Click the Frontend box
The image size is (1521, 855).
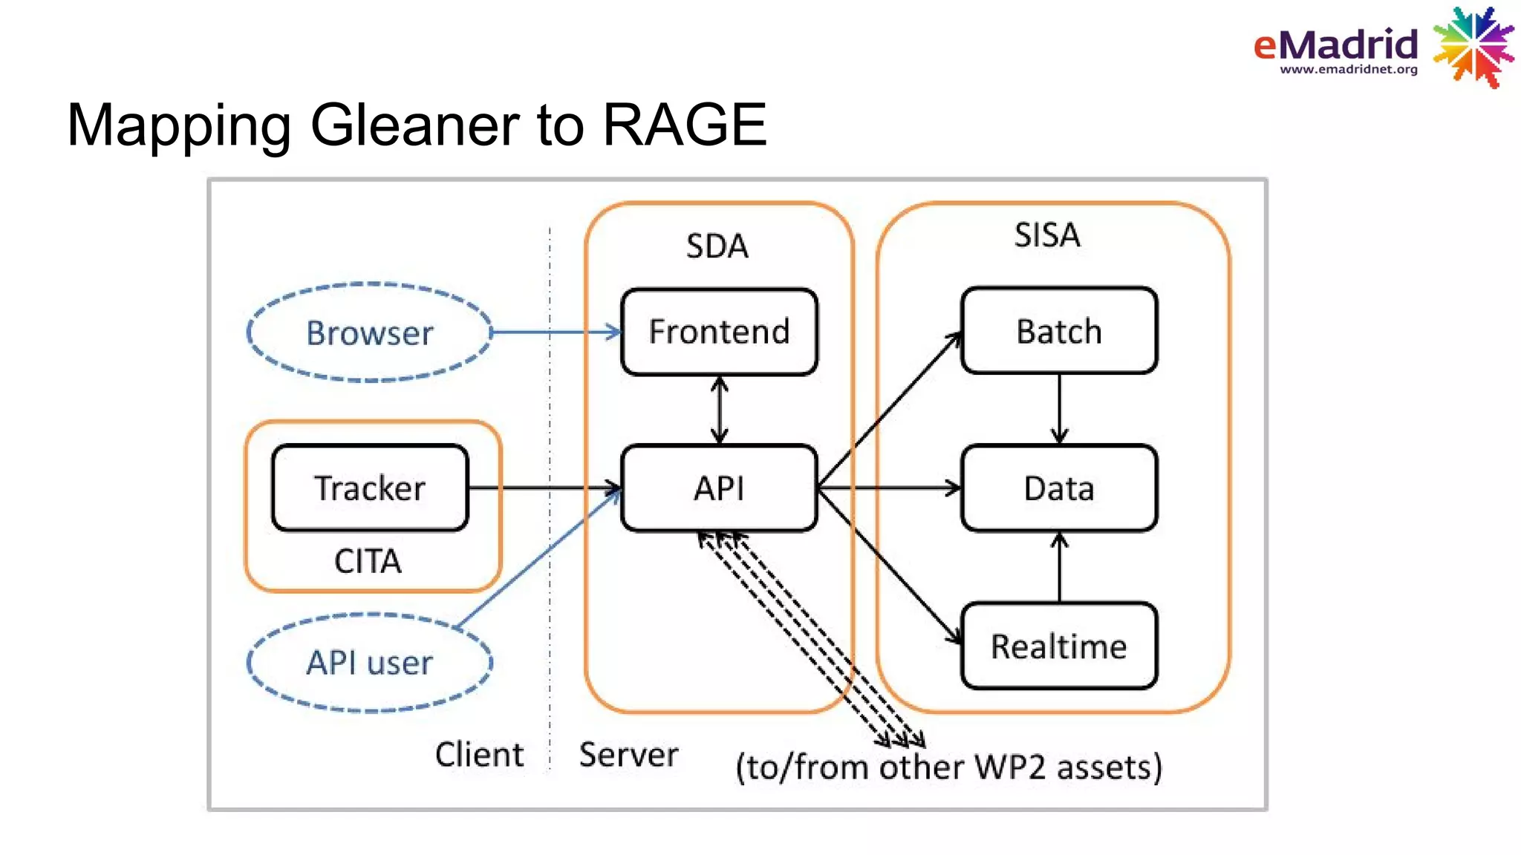pyautogui.click(x=719, y=332)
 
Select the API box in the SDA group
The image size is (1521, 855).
pyautogui.click(x=719, y=488)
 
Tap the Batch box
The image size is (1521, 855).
pyautogui.click(x=1059, y=331)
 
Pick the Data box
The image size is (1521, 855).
pyautogui.click(x=1059, y=488)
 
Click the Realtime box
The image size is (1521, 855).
pyautogui.click(x=1059, y=646)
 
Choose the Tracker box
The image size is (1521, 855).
pyautogui.click(x=370, y=488)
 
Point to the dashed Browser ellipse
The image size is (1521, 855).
pyautogui.click(x=370, y=332)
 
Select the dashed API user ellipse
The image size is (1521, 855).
pyautogui.click(x=370, y=662)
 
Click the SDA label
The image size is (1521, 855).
pyautogui.click(x=717, y=246)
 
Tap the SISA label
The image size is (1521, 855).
pyautogui.click(x=1047, y=235)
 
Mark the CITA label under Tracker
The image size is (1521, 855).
pyautogui.click(x=368, y=561)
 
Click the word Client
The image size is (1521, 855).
pyautogui.click(x=479, y=755)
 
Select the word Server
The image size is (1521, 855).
pyautogui.click(x=628, y=755)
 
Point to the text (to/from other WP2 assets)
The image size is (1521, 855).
pyautogui.click(x=948, y=767)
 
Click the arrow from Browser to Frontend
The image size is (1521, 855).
pyautogui.click(x=557, y=332)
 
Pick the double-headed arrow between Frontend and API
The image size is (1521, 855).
pyautogui.click(x=719, y=410)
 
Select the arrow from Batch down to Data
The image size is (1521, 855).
pyautogui.click(x=1059, y=408)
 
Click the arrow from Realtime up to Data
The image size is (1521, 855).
pyautogui.click(x=1059, y=567)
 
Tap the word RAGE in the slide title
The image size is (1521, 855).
pyautogui.click(x=684, y=125)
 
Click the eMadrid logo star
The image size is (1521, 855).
pyautogui.click(x=1473, y=47)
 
